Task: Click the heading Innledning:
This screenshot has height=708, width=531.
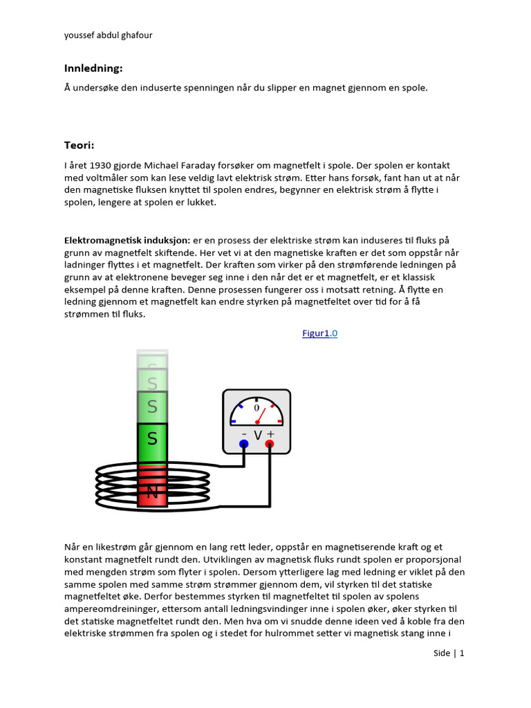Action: tap(93, 68)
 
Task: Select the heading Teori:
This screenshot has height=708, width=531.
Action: tap(79, 145)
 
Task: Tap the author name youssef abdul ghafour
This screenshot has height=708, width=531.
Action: tap(108, 35)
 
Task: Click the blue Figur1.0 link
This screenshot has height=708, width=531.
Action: tap(319, 333)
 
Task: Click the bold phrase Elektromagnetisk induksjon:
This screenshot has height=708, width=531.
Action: tap(127, 240)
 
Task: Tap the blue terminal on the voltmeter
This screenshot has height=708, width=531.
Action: tap(243, 444)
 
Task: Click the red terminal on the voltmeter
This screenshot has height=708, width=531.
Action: tap(270, 444)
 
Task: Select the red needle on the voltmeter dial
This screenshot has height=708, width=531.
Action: tap(262, 417)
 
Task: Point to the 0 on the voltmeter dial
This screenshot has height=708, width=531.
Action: tap(257, 408)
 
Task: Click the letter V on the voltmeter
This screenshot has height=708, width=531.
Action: tap(257, 435)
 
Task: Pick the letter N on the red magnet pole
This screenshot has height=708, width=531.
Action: tap(153, 492)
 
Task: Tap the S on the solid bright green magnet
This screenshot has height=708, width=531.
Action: tap(153, 439)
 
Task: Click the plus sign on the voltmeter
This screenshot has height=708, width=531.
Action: tap(270, 434)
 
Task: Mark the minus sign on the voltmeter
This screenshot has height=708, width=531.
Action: tap(244, 434)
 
